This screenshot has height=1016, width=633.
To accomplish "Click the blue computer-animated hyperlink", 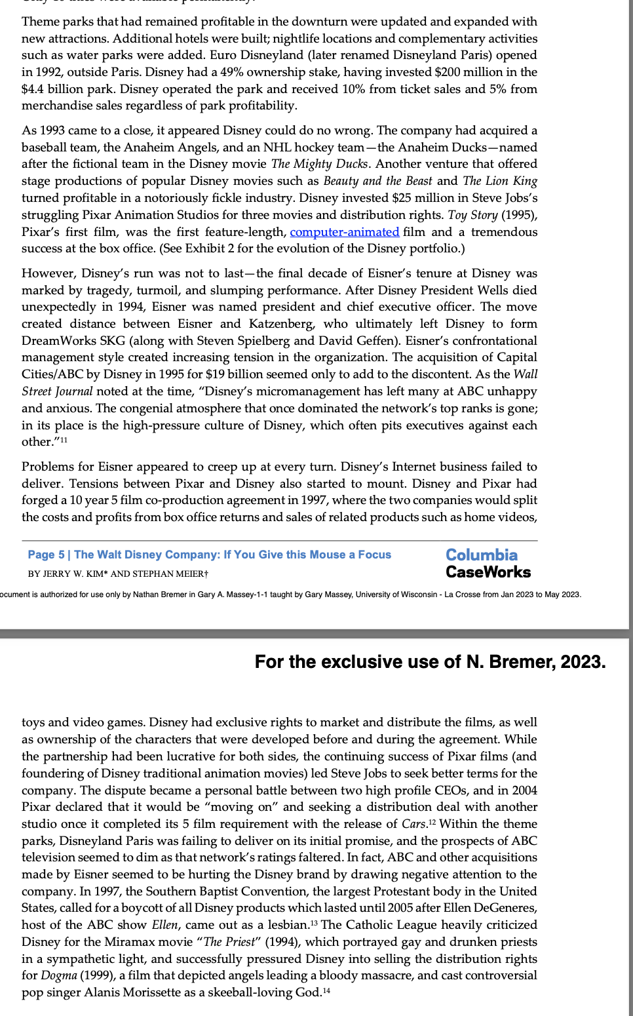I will pos(344,232).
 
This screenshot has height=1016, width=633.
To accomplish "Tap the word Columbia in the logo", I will pos(482,555).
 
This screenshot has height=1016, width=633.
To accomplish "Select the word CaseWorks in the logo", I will pos(488,572).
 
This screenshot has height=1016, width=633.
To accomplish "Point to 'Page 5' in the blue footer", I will pos(46,555).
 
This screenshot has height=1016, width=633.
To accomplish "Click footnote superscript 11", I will pos(63,440).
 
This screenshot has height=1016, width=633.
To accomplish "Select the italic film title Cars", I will pos(414,824).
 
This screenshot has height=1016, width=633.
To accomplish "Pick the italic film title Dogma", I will pos(58,975).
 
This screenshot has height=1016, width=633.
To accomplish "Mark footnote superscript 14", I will pos(326,990).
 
